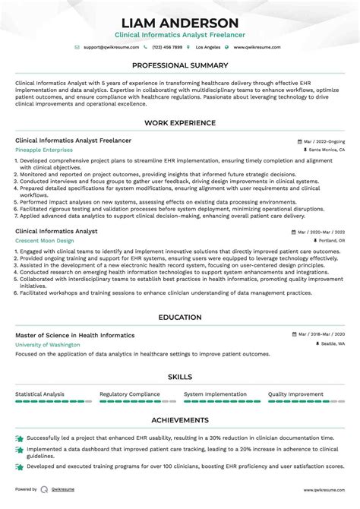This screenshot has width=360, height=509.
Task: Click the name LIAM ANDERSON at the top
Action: (x=180, y=23)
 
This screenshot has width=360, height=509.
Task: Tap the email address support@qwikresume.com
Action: (x=110, y=47)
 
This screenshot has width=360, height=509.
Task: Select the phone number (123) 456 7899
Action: (x=167, y=47)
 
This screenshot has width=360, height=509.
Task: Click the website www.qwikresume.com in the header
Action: (x=257, y=47)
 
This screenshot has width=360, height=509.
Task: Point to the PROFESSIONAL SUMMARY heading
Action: (x=180, y=66)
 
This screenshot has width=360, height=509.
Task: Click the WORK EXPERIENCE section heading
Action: (x=180, y=124)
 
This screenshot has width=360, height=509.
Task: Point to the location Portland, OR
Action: (x=331, y=240)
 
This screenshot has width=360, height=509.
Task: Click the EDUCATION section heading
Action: (x=180, y=318)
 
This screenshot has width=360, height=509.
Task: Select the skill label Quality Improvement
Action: (x=295, y=394)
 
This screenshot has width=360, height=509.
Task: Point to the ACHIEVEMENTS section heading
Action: (x=180, y=419)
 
